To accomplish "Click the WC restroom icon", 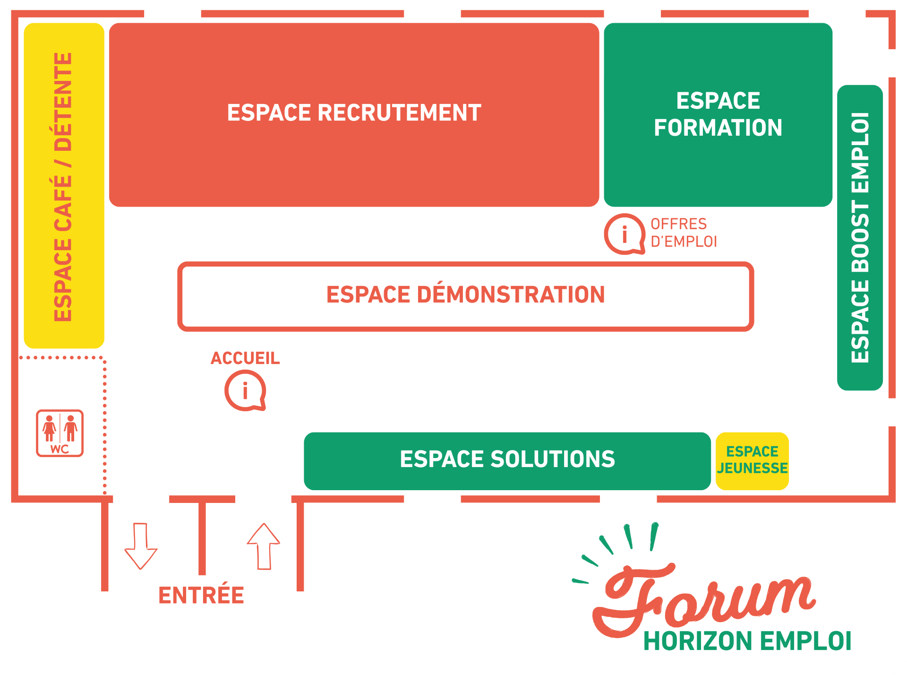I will [60, 433].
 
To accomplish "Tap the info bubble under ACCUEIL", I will [245, 391].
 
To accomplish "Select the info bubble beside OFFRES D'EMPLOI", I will [625, 234].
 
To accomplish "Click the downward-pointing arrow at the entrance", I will [141, 546].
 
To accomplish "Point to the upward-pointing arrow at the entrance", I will [264, 546].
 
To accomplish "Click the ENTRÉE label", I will [201, 595].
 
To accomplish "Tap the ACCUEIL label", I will [245, 358].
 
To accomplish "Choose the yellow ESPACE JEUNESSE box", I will [752, 461].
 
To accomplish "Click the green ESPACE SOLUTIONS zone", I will [507, 461].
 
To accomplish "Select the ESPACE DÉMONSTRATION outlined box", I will [465, 296].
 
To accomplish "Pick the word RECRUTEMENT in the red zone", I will [400, 113].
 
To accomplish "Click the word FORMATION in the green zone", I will [718, 128].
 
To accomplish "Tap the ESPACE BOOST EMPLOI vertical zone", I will [860, 237].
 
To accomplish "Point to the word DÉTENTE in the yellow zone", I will [63, 102].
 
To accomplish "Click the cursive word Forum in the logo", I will [704, 598].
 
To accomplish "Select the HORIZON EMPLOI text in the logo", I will [747, 641].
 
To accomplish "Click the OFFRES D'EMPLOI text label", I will [683, 233].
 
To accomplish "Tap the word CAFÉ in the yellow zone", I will [63, 203].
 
